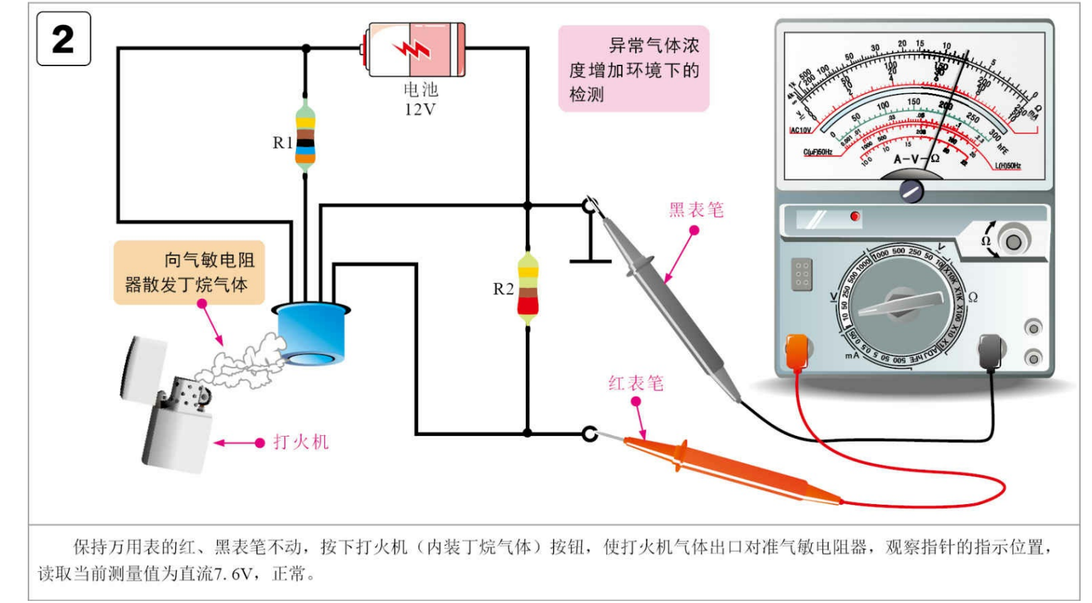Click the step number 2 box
(63, 39)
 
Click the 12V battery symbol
(415, 49)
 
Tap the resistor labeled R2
(527, 289)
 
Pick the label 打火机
(301, 442)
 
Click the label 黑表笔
(696, 210)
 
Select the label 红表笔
(636, 384)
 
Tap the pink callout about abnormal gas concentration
(633, 69)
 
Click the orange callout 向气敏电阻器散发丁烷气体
(189, 272)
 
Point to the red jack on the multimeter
(797, 351)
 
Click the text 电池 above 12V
(420, 90)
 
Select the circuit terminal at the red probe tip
(589, 433)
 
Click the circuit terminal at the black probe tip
(589, 206)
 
